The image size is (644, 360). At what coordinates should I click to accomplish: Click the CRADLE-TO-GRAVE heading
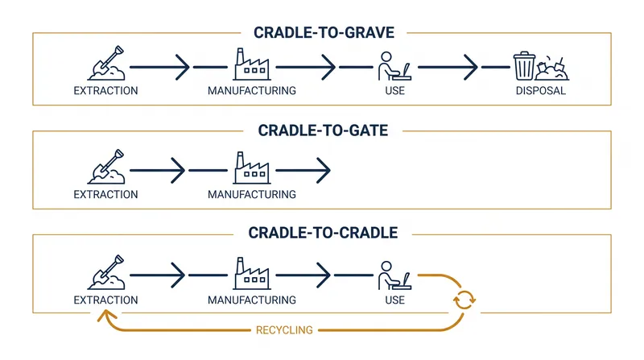click(324, 32)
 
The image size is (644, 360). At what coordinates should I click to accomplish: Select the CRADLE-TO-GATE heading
click(323, 130)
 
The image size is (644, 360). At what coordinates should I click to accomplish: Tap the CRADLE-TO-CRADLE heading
click(323, 233)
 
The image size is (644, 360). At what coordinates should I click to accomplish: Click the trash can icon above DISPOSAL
click(524, 66)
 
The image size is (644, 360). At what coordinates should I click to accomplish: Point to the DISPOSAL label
click(540, 90)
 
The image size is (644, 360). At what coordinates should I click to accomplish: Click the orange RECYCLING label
click(284, 330)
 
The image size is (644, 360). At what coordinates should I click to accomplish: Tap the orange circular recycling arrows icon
click(464, 300)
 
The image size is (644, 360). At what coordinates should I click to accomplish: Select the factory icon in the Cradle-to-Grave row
click(252, 64)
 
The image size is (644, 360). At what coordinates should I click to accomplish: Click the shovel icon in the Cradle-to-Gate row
click(106, 167)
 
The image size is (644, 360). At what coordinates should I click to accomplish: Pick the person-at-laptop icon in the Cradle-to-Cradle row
click(394, 275)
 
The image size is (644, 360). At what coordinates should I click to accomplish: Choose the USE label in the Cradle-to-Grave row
click(394, 90)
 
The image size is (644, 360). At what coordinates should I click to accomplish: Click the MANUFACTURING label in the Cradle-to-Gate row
click(252, 194)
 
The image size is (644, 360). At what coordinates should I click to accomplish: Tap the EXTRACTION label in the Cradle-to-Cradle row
click(105, 300)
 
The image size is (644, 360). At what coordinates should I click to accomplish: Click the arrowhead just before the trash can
click(471, 67)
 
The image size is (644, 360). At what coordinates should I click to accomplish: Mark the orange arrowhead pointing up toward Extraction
click(106, 316)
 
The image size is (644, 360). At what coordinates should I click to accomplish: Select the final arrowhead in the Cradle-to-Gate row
click(324, 170)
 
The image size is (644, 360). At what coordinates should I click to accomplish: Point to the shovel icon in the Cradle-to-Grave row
click(106, 63)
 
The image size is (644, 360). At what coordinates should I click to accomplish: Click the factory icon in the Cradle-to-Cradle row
click(252, 274)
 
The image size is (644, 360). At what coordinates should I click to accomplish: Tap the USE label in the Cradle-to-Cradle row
click(394, 300)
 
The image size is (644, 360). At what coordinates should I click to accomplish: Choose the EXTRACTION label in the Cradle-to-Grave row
click(105, 90)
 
